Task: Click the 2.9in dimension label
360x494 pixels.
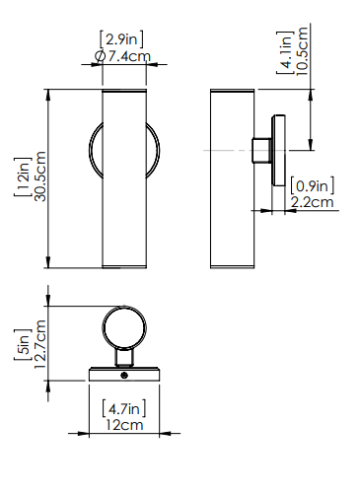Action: pos(121,39)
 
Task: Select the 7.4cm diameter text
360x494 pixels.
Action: pos(129,56)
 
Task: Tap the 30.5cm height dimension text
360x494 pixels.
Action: pos(40,176)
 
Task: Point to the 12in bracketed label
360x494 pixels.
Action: pos(23,177)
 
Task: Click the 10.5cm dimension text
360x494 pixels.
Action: pos(302,51)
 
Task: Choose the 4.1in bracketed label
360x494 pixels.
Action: pos(285,52)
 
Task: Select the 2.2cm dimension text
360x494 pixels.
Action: pos(312,202)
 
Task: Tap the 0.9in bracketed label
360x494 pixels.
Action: pos(312,186)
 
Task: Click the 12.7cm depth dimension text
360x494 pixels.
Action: pos(40,344)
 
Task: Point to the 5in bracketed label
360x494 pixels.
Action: pos(23,345)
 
